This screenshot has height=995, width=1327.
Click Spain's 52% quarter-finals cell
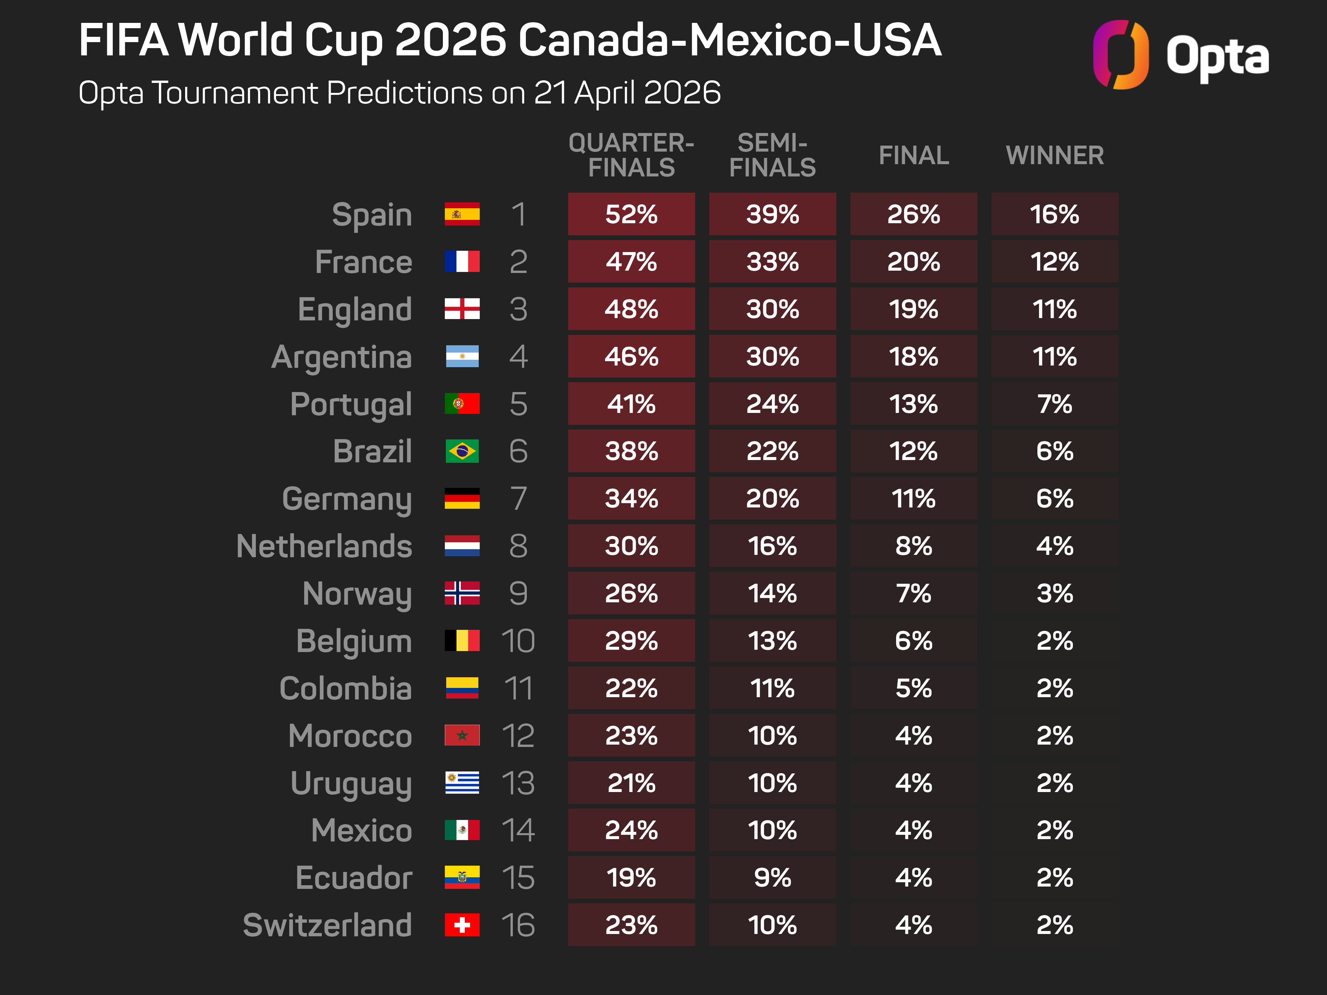pyautogui.click(x=631, y=214)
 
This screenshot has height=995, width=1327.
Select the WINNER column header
pyautogui.click(x=1055, y=155)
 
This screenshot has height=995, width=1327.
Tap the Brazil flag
pyautogui.click(x=462, y=451)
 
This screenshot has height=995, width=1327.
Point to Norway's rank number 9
pyautogui.click(x=518, y=593)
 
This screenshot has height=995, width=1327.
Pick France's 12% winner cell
pyautogui.click(x=1055, y=261)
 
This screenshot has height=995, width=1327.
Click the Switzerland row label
pyautogui.click(x=327, y=925)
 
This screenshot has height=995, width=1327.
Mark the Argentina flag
pyautogui.click(x=462, y=356)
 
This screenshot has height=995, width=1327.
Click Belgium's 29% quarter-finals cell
pyautogui.click(x=631, y=640)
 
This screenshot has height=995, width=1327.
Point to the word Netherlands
pyautogui.click(x=324, y=546)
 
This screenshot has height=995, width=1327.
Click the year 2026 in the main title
pyautogui.click(x=450, y=41)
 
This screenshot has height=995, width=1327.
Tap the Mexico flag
pyautogui.click(x=462, y=830)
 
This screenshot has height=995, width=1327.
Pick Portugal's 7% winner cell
pyautogui.click(x=1055, y=404)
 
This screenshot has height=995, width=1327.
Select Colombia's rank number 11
pyautogui.click(x=518, y=688)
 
